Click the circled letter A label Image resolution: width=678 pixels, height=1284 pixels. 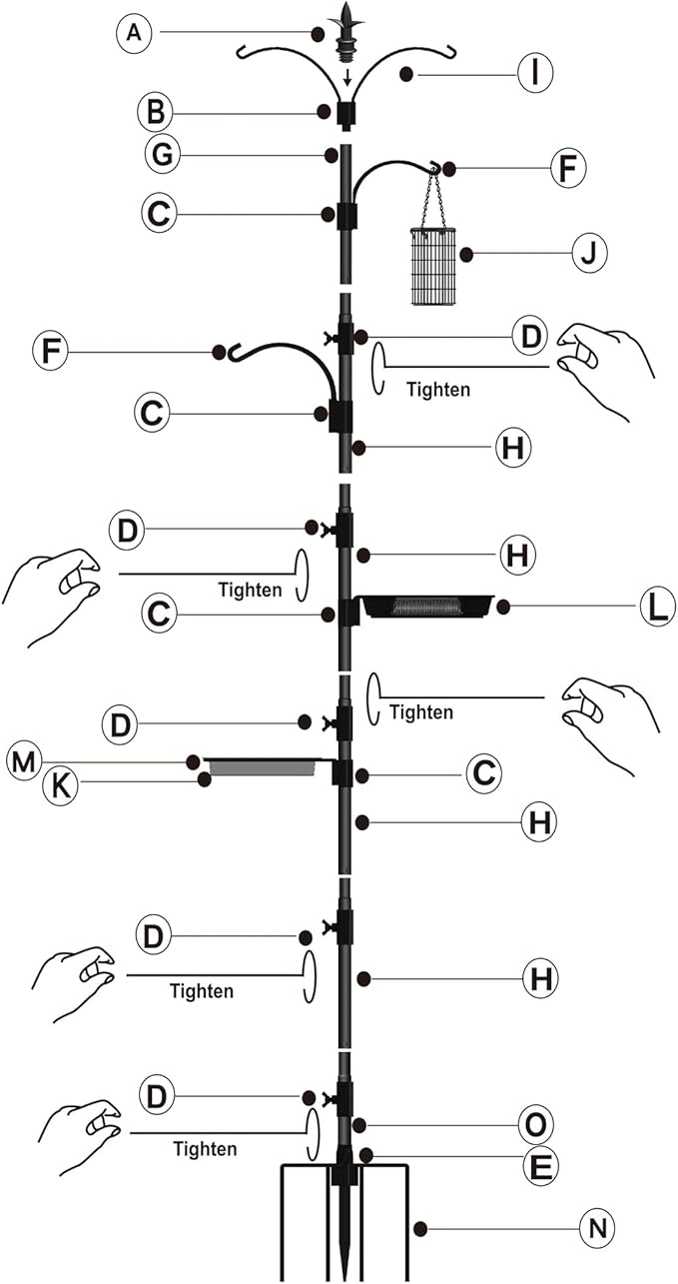pyautogui.click(x=136, y=34)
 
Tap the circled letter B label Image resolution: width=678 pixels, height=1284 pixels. pyautogui.click(x=155, y=112)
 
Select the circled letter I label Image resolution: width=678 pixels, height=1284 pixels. pyautogui.click(x=535, y=74)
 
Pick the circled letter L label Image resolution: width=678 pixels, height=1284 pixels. pyautogui.click(x=656, y=607)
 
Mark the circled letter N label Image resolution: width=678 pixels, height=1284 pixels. pyautogui.click(x=596, y=1227)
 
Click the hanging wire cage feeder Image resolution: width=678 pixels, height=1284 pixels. pyautogui.click(x=432, y=266)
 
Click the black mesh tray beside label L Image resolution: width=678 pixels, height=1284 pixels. pyautogui.click(x=427, y=606)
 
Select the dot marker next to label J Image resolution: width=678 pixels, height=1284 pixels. pyautogui.click(x=465, y=255)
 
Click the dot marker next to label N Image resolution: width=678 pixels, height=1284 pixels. pyautogui.click(x=420, y=1227)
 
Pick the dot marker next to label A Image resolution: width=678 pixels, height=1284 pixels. pyautogui.click(x=317, y=34)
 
